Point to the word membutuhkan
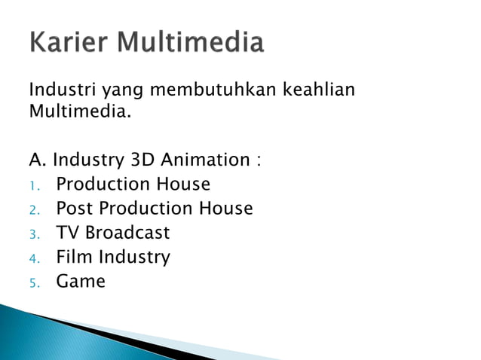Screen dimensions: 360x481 (214, 92)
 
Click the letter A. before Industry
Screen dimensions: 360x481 (38, 160)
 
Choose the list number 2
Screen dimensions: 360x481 (34, 209)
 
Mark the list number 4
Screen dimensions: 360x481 (34, 258)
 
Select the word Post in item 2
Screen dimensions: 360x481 (75, 208)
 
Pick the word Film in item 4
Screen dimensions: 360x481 (74, 257)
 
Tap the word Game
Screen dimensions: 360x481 (81, 282)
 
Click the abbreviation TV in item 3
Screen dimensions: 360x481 (67, 233)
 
